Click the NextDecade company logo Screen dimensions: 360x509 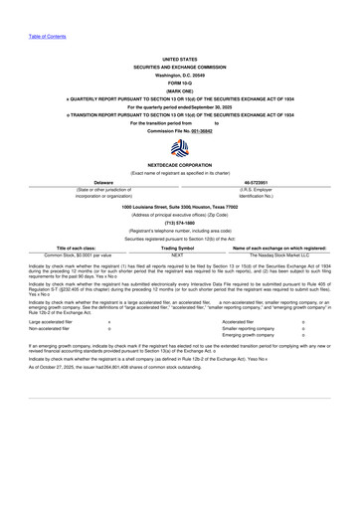click(x=180, y=148)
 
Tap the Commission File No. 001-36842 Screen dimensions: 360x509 click(x=180, y=130)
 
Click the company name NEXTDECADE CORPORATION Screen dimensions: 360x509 click(x=180, y=166)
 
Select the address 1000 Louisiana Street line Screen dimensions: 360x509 click(x=180, y=206)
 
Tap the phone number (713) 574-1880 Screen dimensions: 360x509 click(x=180, y=223)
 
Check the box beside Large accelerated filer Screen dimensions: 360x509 click(x=108, y=322)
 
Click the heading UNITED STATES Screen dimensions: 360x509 click(x=180, y=59)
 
